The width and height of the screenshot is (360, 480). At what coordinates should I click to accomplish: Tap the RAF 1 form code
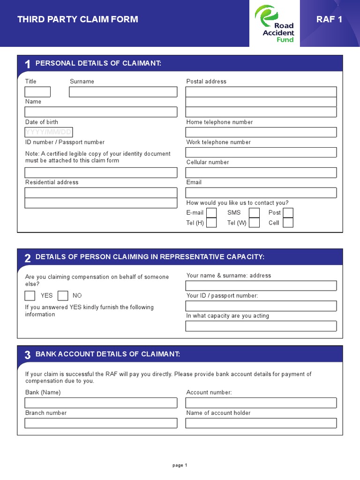click(x=332, y=19)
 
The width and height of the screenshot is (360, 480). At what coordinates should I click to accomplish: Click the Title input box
click(x=37, y=92)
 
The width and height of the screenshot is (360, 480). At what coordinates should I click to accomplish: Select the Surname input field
click(x=123, y=92)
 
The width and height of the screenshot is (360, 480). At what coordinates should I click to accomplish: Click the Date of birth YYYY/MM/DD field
click(x=49, y=132)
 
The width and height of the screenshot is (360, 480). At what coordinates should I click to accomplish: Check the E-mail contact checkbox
click(x=211, y=213)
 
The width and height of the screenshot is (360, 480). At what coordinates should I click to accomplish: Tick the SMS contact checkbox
click(x=254, y=213)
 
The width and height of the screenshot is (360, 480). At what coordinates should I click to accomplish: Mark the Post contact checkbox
click(x=288, y=213)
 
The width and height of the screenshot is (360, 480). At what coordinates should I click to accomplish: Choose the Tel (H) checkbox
click(x=211, y=223)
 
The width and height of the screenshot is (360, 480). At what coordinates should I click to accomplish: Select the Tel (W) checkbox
click(x=254, y=223)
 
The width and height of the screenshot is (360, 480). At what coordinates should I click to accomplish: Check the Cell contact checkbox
click(x=288, y=223)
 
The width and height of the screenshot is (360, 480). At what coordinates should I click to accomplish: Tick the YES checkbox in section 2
click(x=30, y=296)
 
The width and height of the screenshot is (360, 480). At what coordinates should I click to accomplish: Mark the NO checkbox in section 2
click(x=63, y=296)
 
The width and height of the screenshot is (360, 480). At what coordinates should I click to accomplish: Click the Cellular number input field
click(x=261, y=172)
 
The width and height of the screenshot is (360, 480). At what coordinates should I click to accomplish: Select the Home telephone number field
click(x=261, y=132)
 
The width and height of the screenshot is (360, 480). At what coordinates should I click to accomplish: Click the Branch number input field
click(x=101, y=423)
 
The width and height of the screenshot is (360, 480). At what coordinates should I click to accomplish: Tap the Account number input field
click(x=261, y=403)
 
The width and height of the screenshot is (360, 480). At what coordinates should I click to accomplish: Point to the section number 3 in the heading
click(x=28, y=355)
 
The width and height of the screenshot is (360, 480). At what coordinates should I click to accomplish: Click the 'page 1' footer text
click(x=180, y=465)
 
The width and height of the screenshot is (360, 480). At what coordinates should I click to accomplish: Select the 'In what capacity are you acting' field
click(x=261, y=326)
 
